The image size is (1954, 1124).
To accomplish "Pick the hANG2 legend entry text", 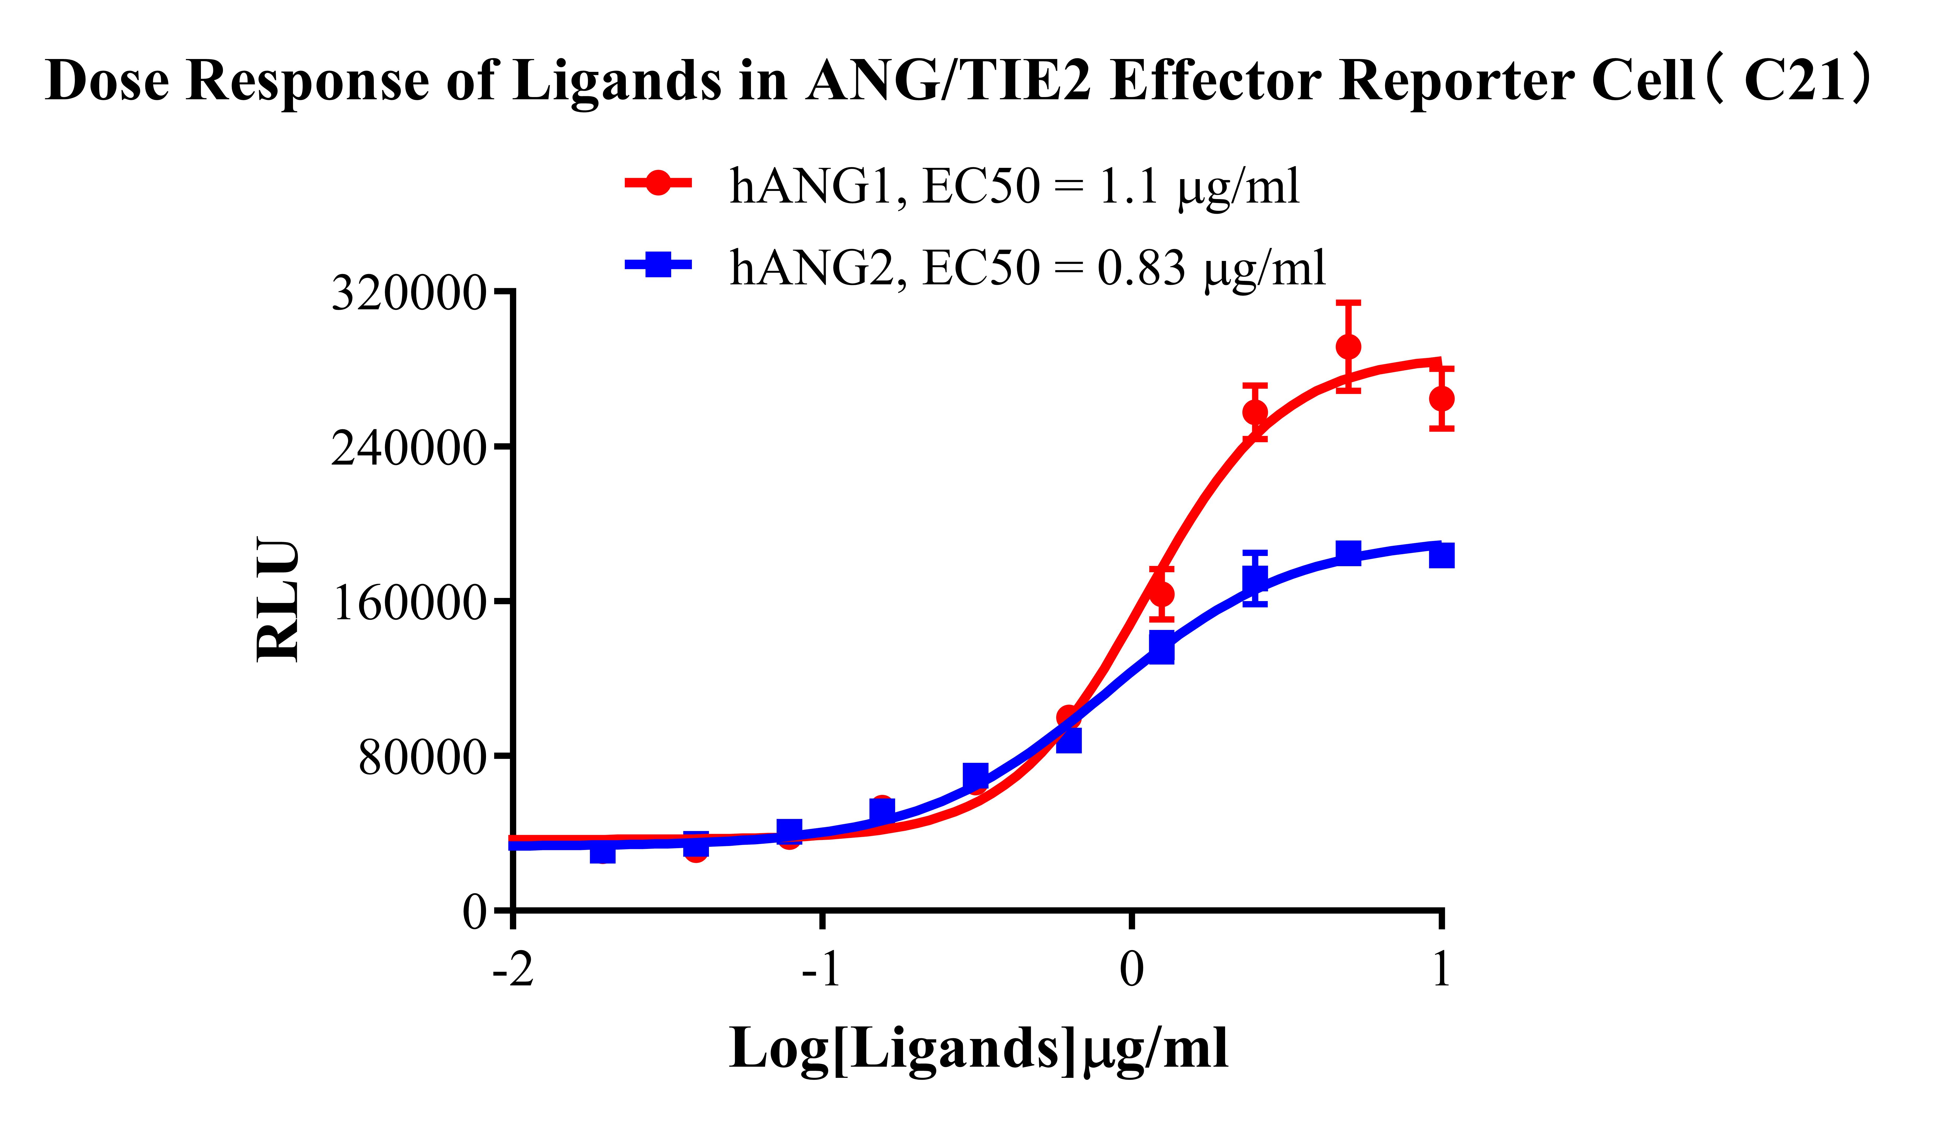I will [1027, 268].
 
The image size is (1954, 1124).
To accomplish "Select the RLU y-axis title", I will [278, 601].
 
